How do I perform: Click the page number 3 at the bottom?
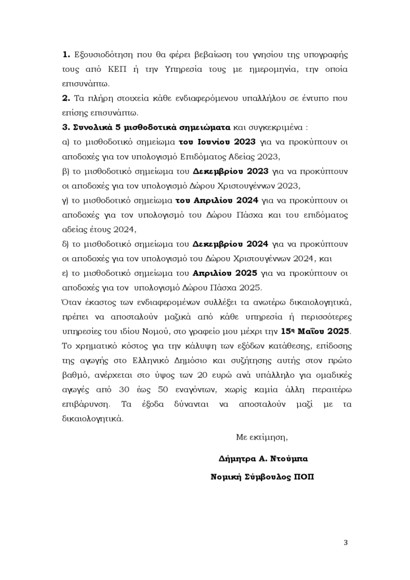[x=345, y=543]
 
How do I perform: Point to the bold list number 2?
[x=66, y=98]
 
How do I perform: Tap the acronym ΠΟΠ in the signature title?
[x=303, y=477]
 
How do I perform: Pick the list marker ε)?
[x=65, y=274]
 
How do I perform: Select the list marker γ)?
[x=65, y=201]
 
